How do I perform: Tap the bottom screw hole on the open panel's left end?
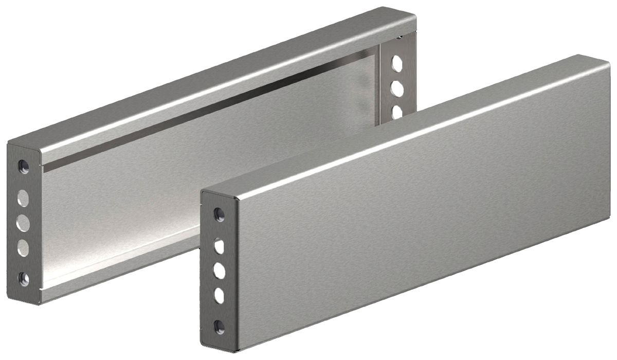click(24, 279)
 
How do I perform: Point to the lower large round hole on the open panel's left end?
click(23, 248)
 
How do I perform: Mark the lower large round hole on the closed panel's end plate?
click(220, 296)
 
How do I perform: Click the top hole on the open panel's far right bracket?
click(397, 63)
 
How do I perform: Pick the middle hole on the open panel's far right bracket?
click(397, 88)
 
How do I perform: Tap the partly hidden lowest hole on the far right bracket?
click(397, 111)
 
